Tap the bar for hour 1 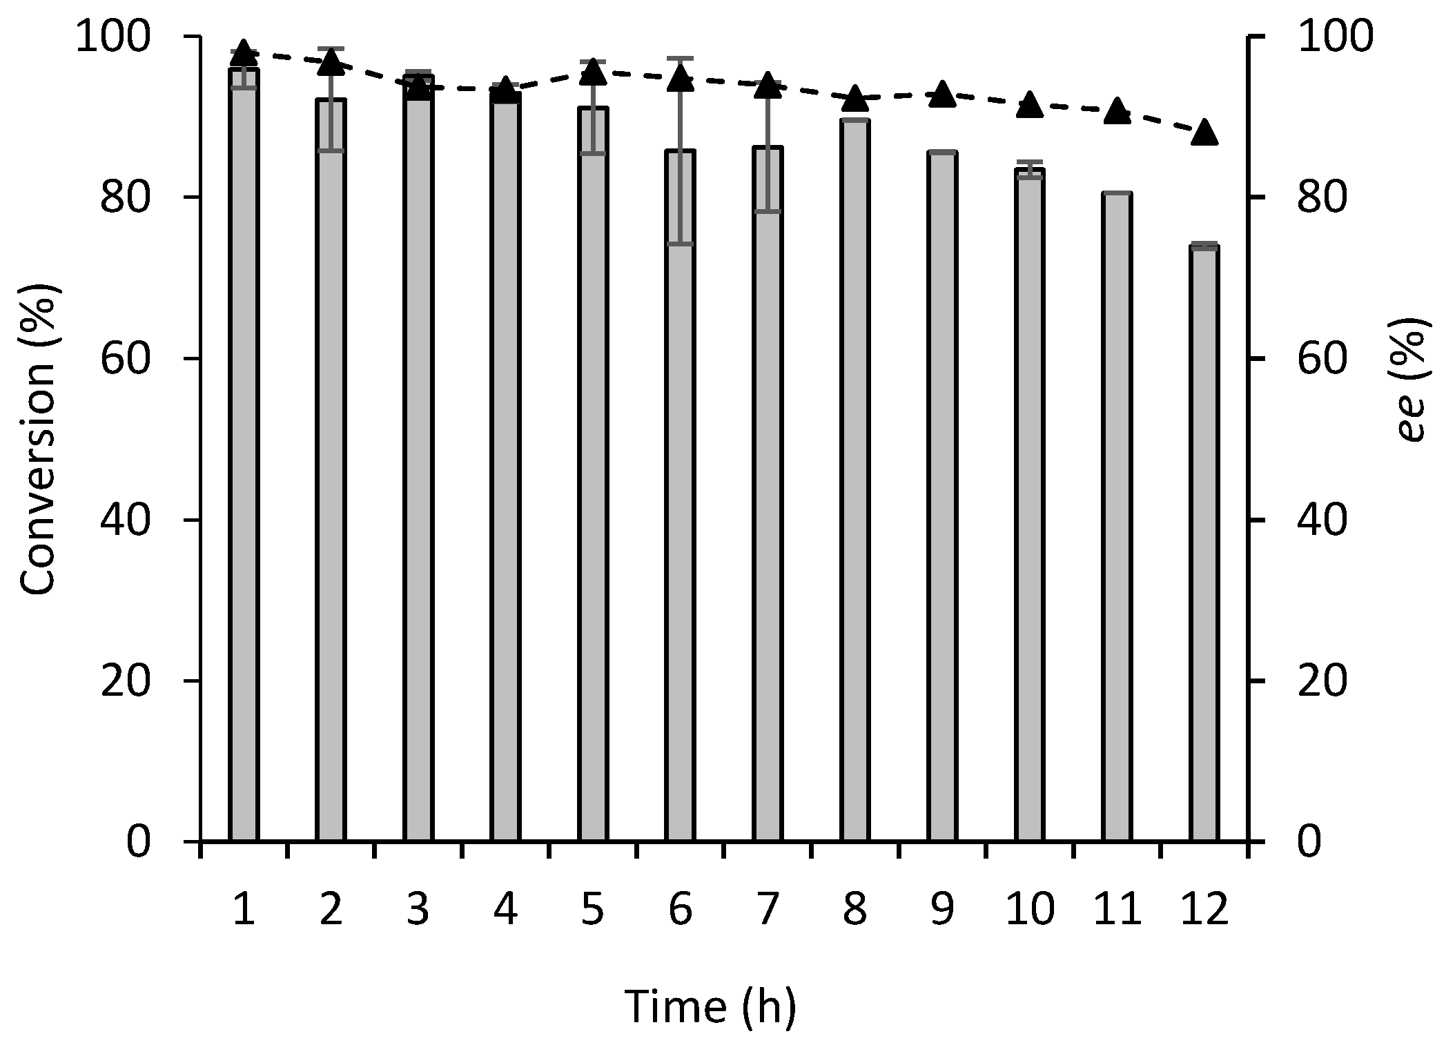(244, 456)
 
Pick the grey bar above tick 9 (942, 497)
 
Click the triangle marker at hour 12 (1204, 132)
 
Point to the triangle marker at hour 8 (855, 98)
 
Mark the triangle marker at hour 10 (1030, 104)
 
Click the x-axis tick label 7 (768, 909)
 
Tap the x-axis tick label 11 (1117, 909)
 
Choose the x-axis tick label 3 (418, 909)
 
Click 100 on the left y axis (114, 37)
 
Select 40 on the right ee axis (1322, 520)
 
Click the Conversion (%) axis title (38, 439)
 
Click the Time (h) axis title (711, 1006)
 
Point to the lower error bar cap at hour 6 (680, 244)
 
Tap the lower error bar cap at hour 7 (768, 211)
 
